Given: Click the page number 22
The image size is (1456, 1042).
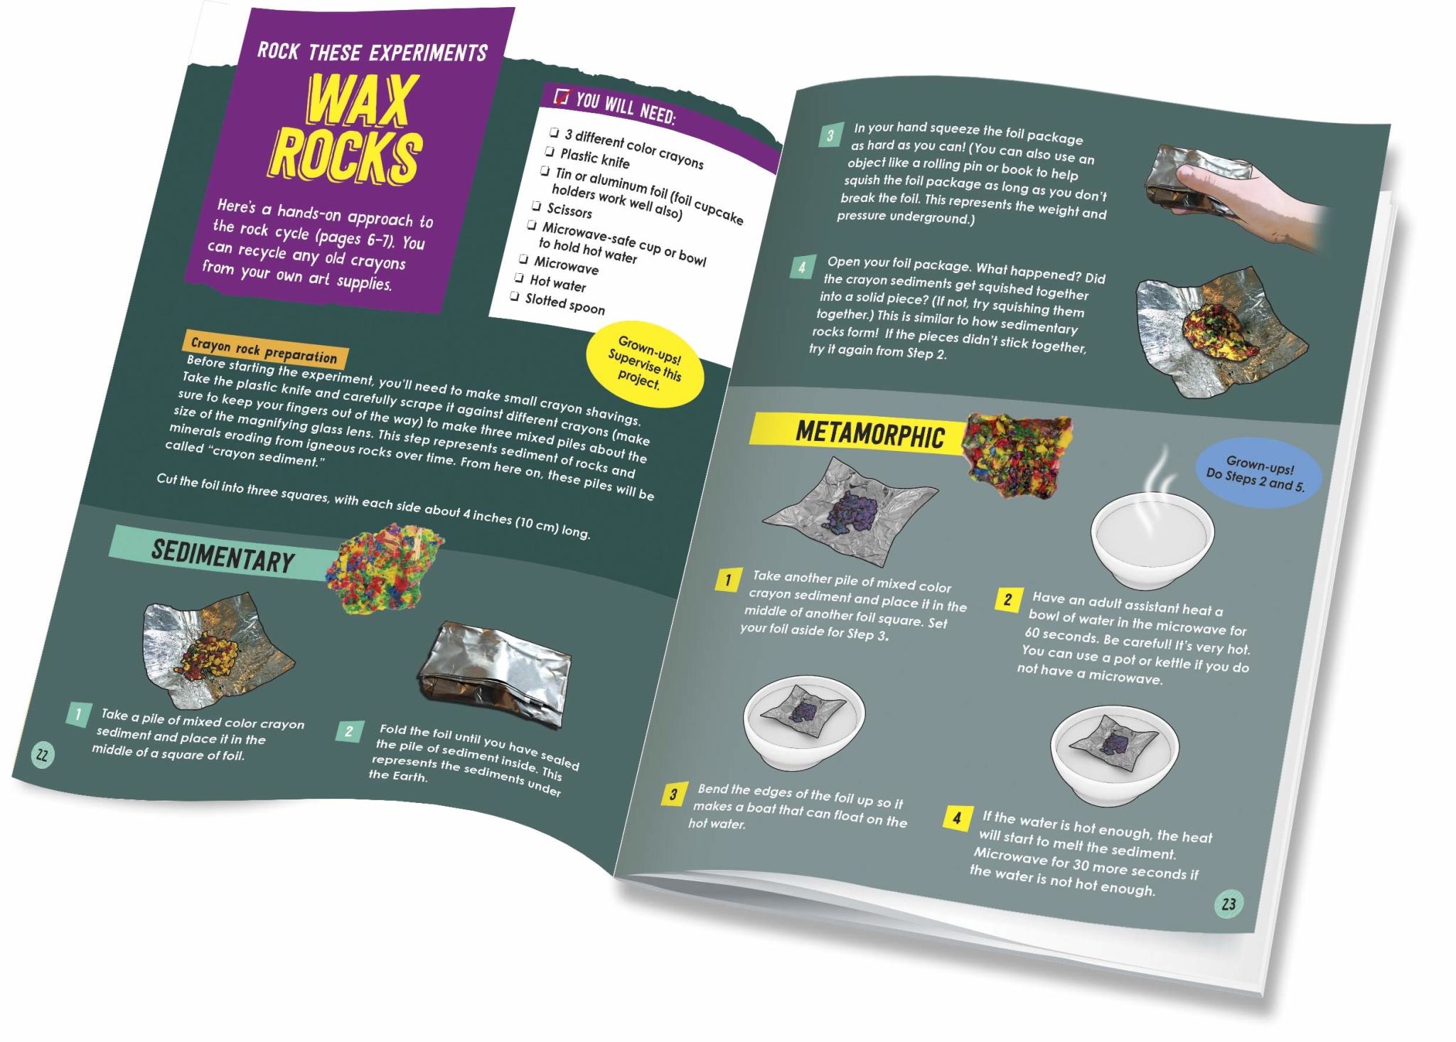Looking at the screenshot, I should [x=42, y=755].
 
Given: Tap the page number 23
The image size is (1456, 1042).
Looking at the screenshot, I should [x=1228, y=904].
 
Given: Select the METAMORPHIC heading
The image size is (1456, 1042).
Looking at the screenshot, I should [x=869, y=434].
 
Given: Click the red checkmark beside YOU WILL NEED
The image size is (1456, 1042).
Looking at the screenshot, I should [x=562, y=97].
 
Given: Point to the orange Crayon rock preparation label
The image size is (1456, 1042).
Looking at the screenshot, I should [x=264, y=350].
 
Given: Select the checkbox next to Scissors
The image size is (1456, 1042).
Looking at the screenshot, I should [x=537, y=206].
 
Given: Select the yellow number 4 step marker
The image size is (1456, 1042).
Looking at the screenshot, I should [x=956, y=819].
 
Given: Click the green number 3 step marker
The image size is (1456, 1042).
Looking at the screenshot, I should [x=830, y=135].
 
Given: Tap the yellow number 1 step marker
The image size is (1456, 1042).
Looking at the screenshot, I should [x=727, y=580].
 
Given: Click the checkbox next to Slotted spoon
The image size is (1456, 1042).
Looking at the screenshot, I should [x=515, y=296].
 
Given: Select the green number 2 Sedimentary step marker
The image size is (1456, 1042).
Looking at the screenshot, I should [x=349, y=730].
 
